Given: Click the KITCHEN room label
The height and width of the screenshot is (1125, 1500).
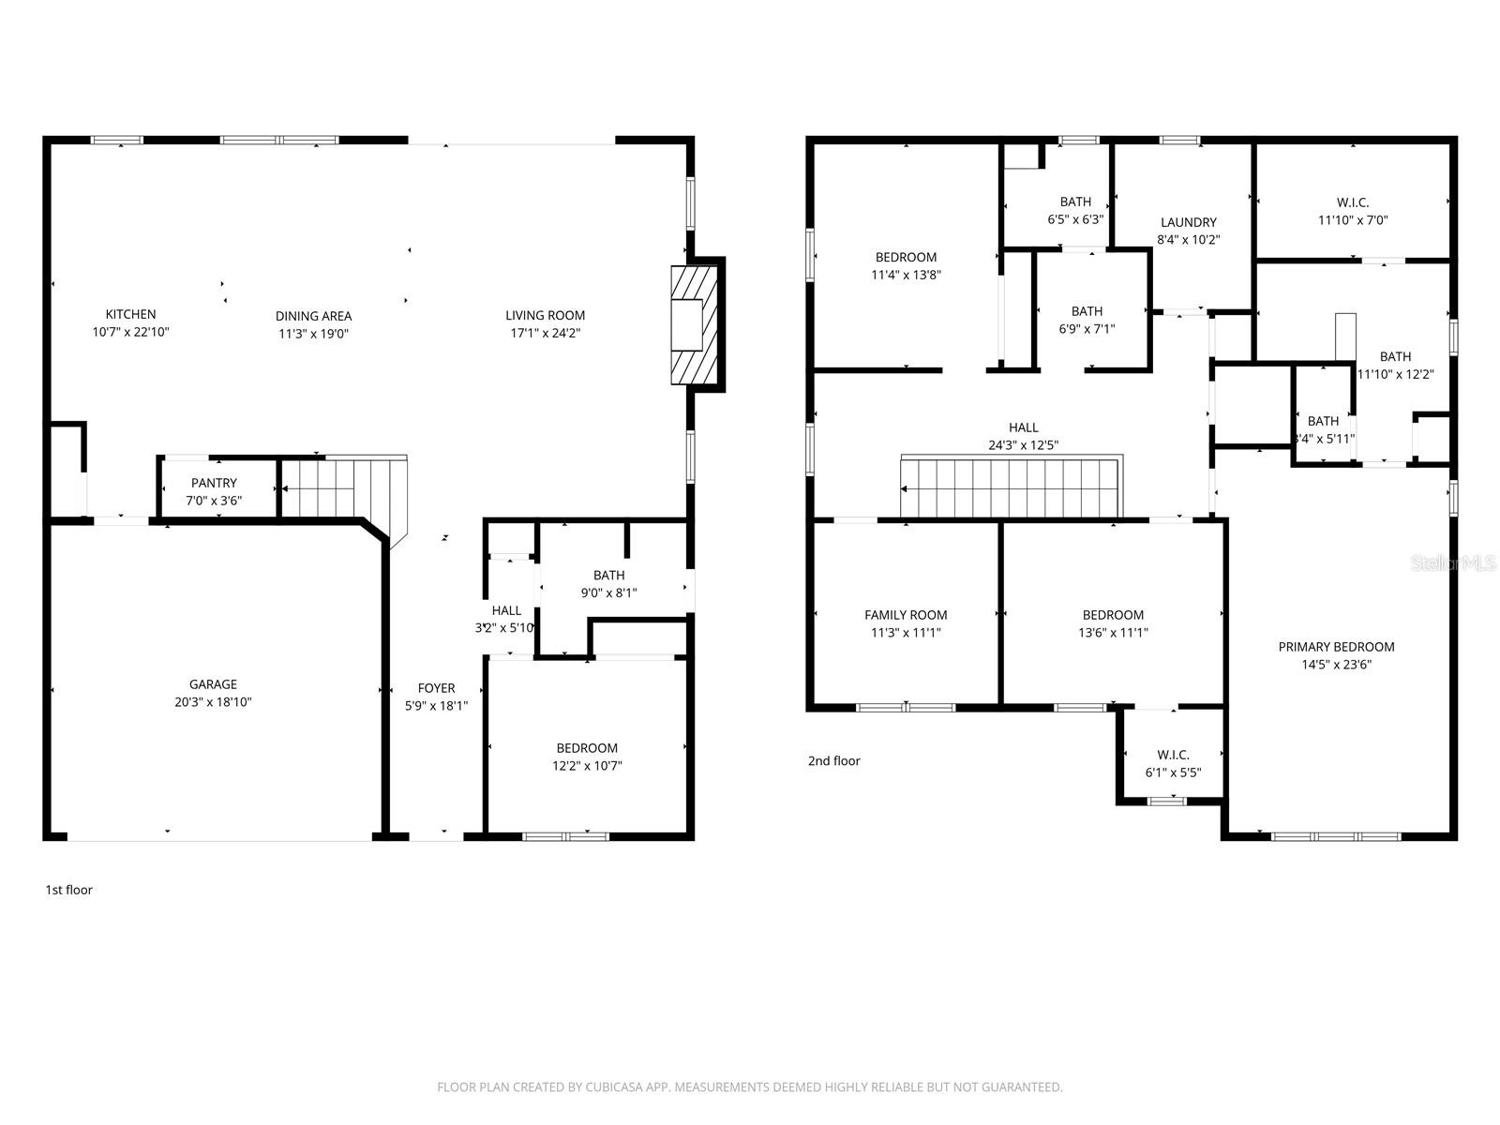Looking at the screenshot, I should [x=130, y=314].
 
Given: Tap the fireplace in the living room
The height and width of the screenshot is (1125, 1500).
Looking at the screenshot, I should [x=696, y=324].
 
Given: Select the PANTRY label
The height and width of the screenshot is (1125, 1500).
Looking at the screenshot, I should [x=214, y=483].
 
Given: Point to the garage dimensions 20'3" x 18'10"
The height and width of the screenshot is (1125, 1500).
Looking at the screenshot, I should [x=213, y=702].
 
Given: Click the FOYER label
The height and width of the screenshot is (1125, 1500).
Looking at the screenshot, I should [x=436, y=688].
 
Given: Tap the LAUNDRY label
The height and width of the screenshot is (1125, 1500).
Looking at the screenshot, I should [x=1188, y=222].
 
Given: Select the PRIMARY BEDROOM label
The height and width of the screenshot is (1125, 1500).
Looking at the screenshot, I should [x=1336, y=647].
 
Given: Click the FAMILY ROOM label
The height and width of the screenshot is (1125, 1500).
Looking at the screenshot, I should [x=906, y=615].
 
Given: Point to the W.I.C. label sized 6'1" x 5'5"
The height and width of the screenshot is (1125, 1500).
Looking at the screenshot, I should [x=1173, y=755].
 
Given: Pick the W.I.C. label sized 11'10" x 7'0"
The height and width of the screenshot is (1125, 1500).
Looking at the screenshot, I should [x=1353, y=202].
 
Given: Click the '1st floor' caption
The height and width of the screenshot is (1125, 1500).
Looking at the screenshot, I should [x=69, y=890].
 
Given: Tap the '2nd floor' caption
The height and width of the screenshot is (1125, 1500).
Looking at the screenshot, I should [x=833, y=761].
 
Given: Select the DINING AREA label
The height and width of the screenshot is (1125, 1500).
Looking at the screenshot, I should [x=313, y=316].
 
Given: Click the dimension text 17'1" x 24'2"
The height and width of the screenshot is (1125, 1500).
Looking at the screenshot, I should [x=545, y=333].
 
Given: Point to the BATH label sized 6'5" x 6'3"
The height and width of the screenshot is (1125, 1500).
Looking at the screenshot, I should [x=1075, y=202].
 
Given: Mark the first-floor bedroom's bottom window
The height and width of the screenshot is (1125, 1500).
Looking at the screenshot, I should [x=565, y=836].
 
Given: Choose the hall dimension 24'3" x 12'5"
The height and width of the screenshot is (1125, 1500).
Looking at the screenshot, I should [x=1023, y=445].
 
